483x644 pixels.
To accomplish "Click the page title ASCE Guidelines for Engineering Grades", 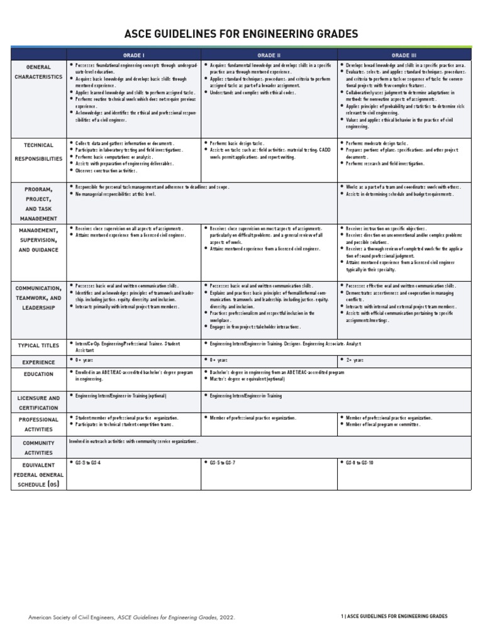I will pos(241,33).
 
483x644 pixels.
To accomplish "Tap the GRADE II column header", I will pos(269,55).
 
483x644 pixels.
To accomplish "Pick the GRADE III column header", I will pos(404,55).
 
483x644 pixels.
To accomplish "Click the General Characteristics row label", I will pos(39,72).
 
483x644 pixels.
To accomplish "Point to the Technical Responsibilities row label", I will pos(39,152).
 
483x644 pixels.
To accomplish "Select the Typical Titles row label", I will pos(39,345).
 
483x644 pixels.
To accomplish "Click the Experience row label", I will pos(39,362).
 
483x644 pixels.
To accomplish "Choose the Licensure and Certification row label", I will pos(39,402).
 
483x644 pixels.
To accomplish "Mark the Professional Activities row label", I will pos(39,424).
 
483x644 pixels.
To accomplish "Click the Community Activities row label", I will pos(39,447).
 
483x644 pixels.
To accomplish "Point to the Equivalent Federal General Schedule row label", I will pos(39,475).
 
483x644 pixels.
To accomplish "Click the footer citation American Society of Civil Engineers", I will pos(132,618).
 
